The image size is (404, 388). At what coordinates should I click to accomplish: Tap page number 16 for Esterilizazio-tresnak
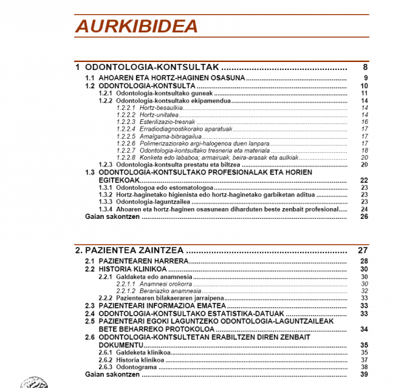click(364, 122)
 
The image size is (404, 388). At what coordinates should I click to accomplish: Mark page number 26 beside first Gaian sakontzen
click(364, 216)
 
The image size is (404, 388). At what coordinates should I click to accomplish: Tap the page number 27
click(363, 251)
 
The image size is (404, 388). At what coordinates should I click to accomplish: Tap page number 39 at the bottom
click(364, 375)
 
